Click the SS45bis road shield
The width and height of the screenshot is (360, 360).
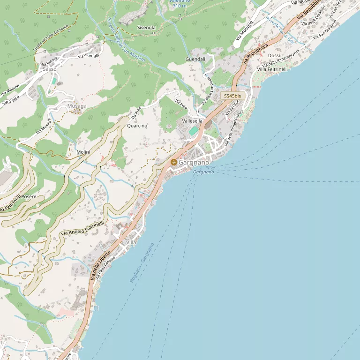coord(232,96)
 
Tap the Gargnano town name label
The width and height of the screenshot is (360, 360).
coord(194,162)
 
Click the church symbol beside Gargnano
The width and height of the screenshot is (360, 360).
coord(174,162)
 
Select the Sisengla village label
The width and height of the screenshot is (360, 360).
coord(146,28)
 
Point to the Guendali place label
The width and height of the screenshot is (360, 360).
coord(195,60)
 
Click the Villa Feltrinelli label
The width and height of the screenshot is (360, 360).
coord(272,69)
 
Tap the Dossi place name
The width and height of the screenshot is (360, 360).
coord(274,56)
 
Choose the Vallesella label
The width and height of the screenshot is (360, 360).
coord(192,121)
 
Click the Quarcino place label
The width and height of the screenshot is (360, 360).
coord(137,126)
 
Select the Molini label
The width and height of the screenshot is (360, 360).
coord(83,152)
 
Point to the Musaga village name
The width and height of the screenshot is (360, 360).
coord(77,106)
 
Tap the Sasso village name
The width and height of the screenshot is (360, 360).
coord(50,69)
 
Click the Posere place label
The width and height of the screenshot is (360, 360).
coord(29,197)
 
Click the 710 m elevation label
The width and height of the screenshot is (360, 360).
coord(180,6)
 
